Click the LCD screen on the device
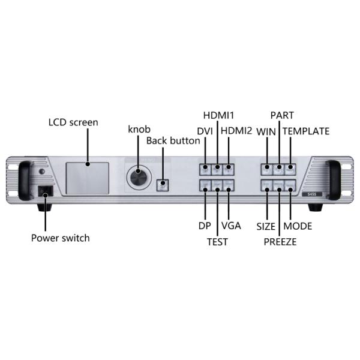[x=88, y=178]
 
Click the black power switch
[x=46, y=191]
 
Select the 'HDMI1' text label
[x=218, y=115]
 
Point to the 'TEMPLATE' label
[x=306, y=131]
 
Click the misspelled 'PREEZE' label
[x=280, y=242]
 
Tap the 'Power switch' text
[x=61, y=238]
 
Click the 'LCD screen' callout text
[x=73, y=122]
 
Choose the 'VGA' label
[x=231, y=226]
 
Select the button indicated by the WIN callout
[x=267, y=169]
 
